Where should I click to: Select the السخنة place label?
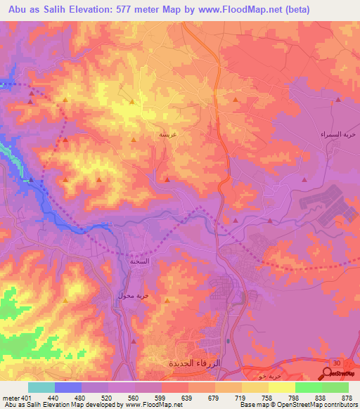click(x=139, y=261)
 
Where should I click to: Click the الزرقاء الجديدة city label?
click(x=194, y=364)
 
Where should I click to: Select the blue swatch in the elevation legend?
click(x=68, y=387)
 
